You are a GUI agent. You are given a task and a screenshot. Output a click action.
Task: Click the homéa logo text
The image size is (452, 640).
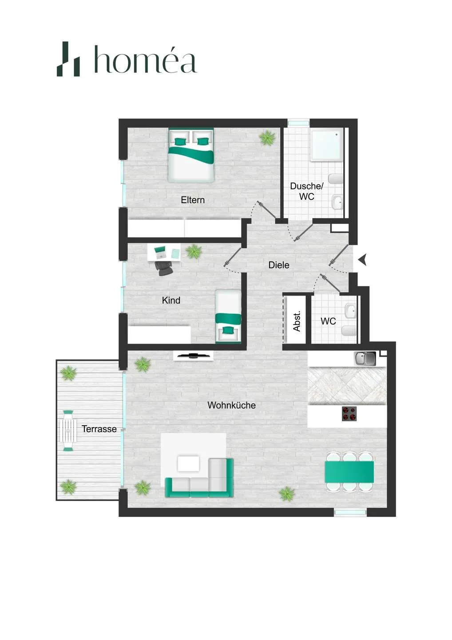coord(146,60)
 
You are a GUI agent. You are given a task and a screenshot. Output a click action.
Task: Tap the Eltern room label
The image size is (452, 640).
coord(193,200)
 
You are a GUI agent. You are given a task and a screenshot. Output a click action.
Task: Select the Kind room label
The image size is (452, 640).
coord(171,300)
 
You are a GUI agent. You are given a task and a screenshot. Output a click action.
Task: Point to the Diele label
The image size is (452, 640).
coord(279,265)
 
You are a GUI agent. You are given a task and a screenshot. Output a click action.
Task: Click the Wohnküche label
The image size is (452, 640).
coord(231,405)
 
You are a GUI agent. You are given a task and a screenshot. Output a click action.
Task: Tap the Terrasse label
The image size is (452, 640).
coord(99,429)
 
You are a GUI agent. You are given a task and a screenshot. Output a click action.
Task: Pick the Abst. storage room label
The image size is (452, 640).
coord(297,321)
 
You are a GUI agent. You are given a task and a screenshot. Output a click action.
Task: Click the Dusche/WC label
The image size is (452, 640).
coord(306,191)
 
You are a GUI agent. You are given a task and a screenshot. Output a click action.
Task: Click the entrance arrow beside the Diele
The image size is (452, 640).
coord(362,260)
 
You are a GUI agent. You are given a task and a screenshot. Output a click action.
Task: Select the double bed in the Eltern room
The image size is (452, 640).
coord(191,155)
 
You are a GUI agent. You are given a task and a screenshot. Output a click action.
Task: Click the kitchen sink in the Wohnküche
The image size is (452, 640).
coord(365,358)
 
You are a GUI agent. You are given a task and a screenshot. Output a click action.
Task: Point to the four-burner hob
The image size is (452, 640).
coord(349,413)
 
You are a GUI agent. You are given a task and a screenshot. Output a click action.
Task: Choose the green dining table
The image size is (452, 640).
coord(349,471)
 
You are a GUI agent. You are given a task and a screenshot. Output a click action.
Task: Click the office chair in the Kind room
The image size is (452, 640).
coord(164,268)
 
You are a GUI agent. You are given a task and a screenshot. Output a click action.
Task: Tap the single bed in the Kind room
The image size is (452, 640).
coord(228,316)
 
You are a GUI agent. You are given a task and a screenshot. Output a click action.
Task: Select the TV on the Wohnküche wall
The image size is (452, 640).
coord(193,356)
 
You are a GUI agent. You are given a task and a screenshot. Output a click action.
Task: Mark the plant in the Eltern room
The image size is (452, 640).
coord(267,138)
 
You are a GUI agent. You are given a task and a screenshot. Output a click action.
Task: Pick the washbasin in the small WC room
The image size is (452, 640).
coord(350,311)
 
